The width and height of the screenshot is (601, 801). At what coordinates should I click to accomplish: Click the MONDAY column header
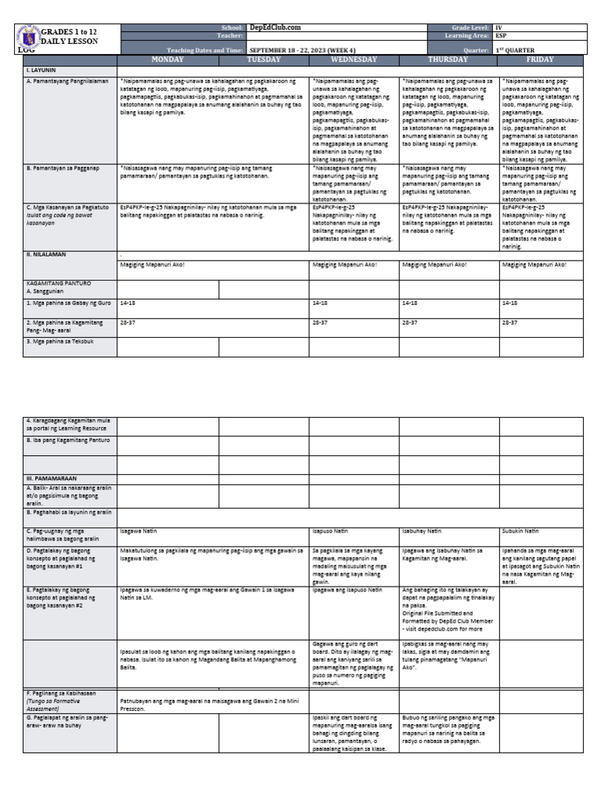pyautogui.click(x=167, y=59)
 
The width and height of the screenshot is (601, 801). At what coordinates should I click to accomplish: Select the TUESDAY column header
pyautogui.click(x=264, y=59)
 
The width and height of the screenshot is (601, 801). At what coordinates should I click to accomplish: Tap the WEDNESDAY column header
pyautogui.click(x=354, y=59)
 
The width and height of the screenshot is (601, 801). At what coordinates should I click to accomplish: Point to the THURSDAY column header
pyautogui.click(x=448, y=59)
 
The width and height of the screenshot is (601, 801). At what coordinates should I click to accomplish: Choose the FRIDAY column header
pyautogui.click(x=541, y=59)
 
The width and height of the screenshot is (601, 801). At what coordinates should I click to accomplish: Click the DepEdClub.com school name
pyautogui.click(x=275, y=27)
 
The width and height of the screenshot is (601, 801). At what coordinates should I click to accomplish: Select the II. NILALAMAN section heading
pyautogui.click(x=47, y=254)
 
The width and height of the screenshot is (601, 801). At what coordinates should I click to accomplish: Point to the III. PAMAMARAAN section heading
pyautogui.click(x=52, y=476)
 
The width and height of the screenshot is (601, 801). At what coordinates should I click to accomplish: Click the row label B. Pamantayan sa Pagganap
pyautogui.click(x=66, y=167)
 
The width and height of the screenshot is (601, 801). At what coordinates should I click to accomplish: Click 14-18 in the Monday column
pyautogui.click(x=128, y=302)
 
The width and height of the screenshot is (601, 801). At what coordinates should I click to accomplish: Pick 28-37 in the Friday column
pyautogui.click(x=510, y=321)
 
